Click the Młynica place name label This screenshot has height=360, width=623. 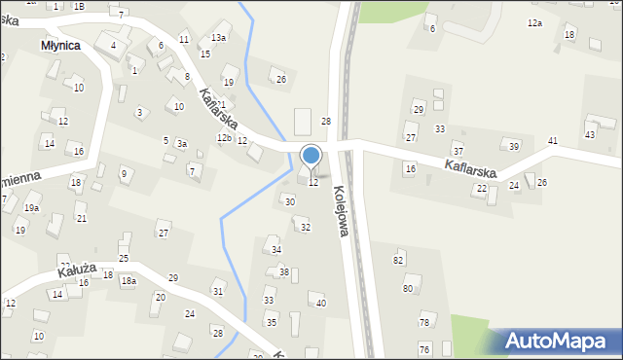click(x=60, y=45)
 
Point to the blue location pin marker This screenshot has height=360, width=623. click(x=311, y=157)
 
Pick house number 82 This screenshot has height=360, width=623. click(x=398, y=260)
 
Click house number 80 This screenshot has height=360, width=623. click(x=408, y=289)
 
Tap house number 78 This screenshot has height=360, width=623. click(x=423, y=322)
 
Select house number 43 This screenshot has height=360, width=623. click(x=590, y=133)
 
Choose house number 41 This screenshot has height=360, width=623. click(x=552, y=141)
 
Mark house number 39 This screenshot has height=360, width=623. click(x=514, y=146)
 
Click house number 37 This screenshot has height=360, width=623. click(x=458, y=151)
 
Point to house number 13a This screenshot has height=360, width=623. click(x=219, y=37)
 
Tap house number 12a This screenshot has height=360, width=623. click(x=534, y=22)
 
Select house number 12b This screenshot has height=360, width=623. click(x=224, y=138)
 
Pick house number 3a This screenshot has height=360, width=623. click(x=181, y=143)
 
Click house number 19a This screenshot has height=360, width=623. click(x=32, y=208)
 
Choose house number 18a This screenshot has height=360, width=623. click(x=128, y=281)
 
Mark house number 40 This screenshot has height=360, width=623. click(x=321, y=304)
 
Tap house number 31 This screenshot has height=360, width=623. click(x=218, y=292)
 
